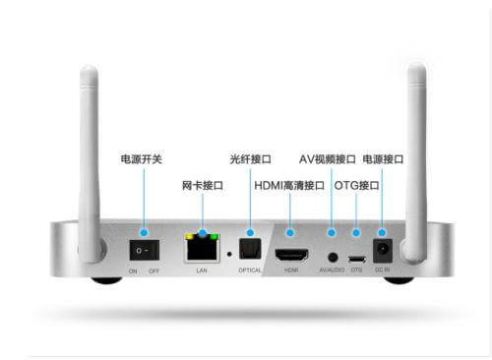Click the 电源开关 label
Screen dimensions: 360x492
tap(144, 158)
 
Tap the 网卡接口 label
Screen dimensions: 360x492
tap(203, 185)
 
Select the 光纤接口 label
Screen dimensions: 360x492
tap(250, 158)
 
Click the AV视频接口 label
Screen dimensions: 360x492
tap(328, 158)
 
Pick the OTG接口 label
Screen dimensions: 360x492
tap(356, 185)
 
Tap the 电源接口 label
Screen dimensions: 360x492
tap(384, 158)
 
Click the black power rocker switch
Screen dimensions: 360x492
tap(145, 250)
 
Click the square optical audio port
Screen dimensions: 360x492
tap(250, 246)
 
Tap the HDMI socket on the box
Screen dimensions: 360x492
tap(290, 254)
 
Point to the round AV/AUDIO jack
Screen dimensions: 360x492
tap(331, 256)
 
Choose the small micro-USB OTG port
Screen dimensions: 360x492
tap(357, 259)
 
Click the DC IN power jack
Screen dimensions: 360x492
tap(383, 248)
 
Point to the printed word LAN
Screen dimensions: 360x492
tap(203, 270)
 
